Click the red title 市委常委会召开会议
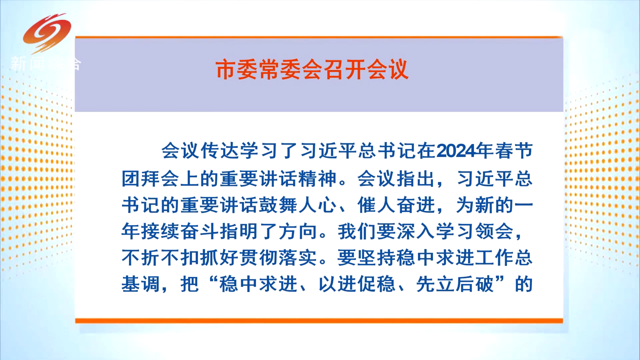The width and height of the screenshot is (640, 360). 312,70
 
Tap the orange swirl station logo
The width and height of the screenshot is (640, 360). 47,33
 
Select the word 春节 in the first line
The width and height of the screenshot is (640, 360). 514,151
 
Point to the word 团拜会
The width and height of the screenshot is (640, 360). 150,179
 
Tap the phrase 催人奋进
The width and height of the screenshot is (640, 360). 396,205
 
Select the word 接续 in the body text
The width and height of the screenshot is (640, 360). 160,231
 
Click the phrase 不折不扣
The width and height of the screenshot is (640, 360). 160,257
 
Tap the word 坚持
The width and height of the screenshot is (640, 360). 376,257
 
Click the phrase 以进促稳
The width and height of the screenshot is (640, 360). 357,284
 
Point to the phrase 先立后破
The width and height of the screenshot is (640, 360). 455,284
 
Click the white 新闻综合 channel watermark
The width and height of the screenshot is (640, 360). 46,63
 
